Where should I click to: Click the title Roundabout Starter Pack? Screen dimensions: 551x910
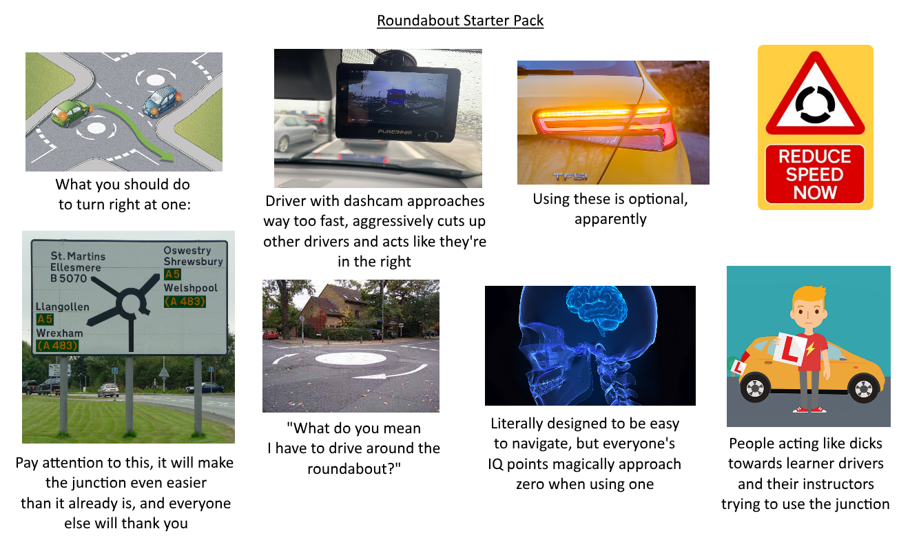[x=460, y=21]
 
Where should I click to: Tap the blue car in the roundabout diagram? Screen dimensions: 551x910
[x=160, y=101]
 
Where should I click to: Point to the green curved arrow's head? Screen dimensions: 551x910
[x=166, y=155]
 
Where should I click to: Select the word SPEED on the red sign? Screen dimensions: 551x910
[x=815, y=174]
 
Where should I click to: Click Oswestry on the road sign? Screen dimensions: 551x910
[x=187, y=251]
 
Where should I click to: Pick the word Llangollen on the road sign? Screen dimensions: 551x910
[x=63, y=306]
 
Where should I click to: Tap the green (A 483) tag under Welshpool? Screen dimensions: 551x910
[x=185, y=301]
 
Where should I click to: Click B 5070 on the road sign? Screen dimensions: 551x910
[x=69, y=279]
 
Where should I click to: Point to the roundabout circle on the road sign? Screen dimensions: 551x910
[x=129, y=302]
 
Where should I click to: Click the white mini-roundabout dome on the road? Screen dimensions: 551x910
[x=347, y=357]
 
